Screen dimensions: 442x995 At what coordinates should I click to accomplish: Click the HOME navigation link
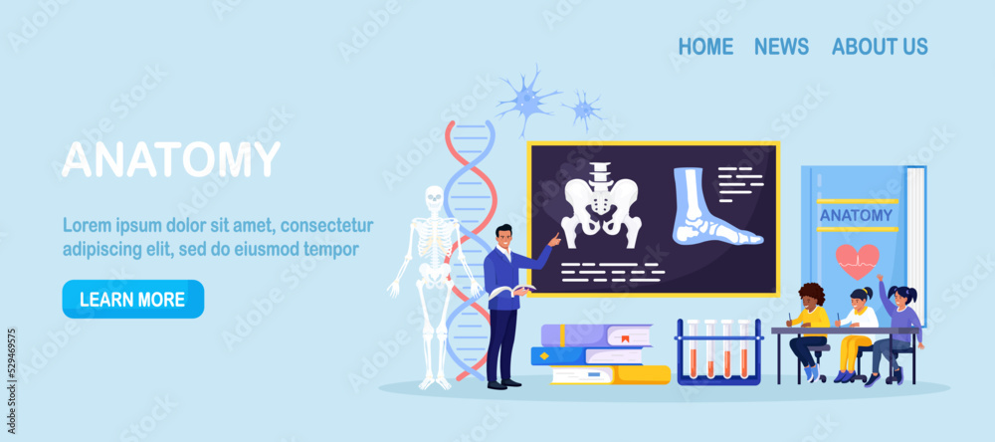click(705, 46)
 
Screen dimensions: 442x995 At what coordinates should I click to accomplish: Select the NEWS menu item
click(781, 46)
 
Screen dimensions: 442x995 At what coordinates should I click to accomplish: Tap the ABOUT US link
click(880, 46)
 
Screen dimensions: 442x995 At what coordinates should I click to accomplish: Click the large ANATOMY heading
click(171, 160)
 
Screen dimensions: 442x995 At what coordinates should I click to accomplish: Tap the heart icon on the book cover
click(857, 261)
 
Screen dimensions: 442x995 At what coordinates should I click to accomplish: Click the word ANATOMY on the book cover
click(856, 215)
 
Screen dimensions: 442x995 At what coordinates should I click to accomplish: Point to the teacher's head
click(504, 236)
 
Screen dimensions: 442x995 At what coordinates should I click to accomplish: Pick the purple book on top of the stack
click(596, 335)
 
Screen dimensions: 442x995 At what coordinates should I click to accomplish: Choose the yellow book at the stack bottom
click(610, 374)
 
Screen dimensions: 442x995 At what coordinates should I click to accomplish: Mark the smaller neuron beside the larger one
click(584, 109)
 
